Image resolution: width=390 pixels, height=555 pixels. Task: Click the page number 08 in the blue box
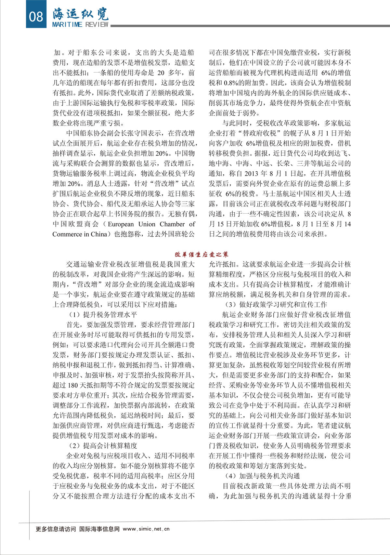point(36,16)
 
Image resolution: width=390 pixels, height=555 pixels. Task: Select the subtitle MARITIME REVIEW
point(80,25)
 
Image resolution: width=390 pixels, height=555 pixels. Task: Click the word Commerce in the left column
point(66,234)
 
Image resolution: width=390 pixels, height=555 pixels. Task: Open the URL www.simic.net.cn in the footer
point(146,529)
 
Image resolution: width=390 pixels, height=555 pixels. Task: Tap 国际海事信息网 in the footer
point(99,529)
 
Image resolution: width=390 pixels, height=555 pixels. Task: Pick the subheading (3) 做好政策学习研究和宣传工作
point(276,304)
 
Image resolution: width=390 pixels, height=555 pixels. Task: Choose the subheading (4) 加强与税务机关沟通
point(262,476)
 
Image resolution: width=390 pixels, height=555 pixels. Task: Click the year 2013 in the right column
point(251,173)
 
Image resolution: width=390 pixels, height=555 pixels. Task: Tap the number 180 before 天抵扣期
point(73,385)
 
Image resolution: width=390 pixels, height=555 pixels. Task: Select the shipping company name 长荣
point(283,163)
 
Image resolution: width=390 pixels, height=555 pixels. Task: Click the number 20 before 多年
point(161,73)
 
